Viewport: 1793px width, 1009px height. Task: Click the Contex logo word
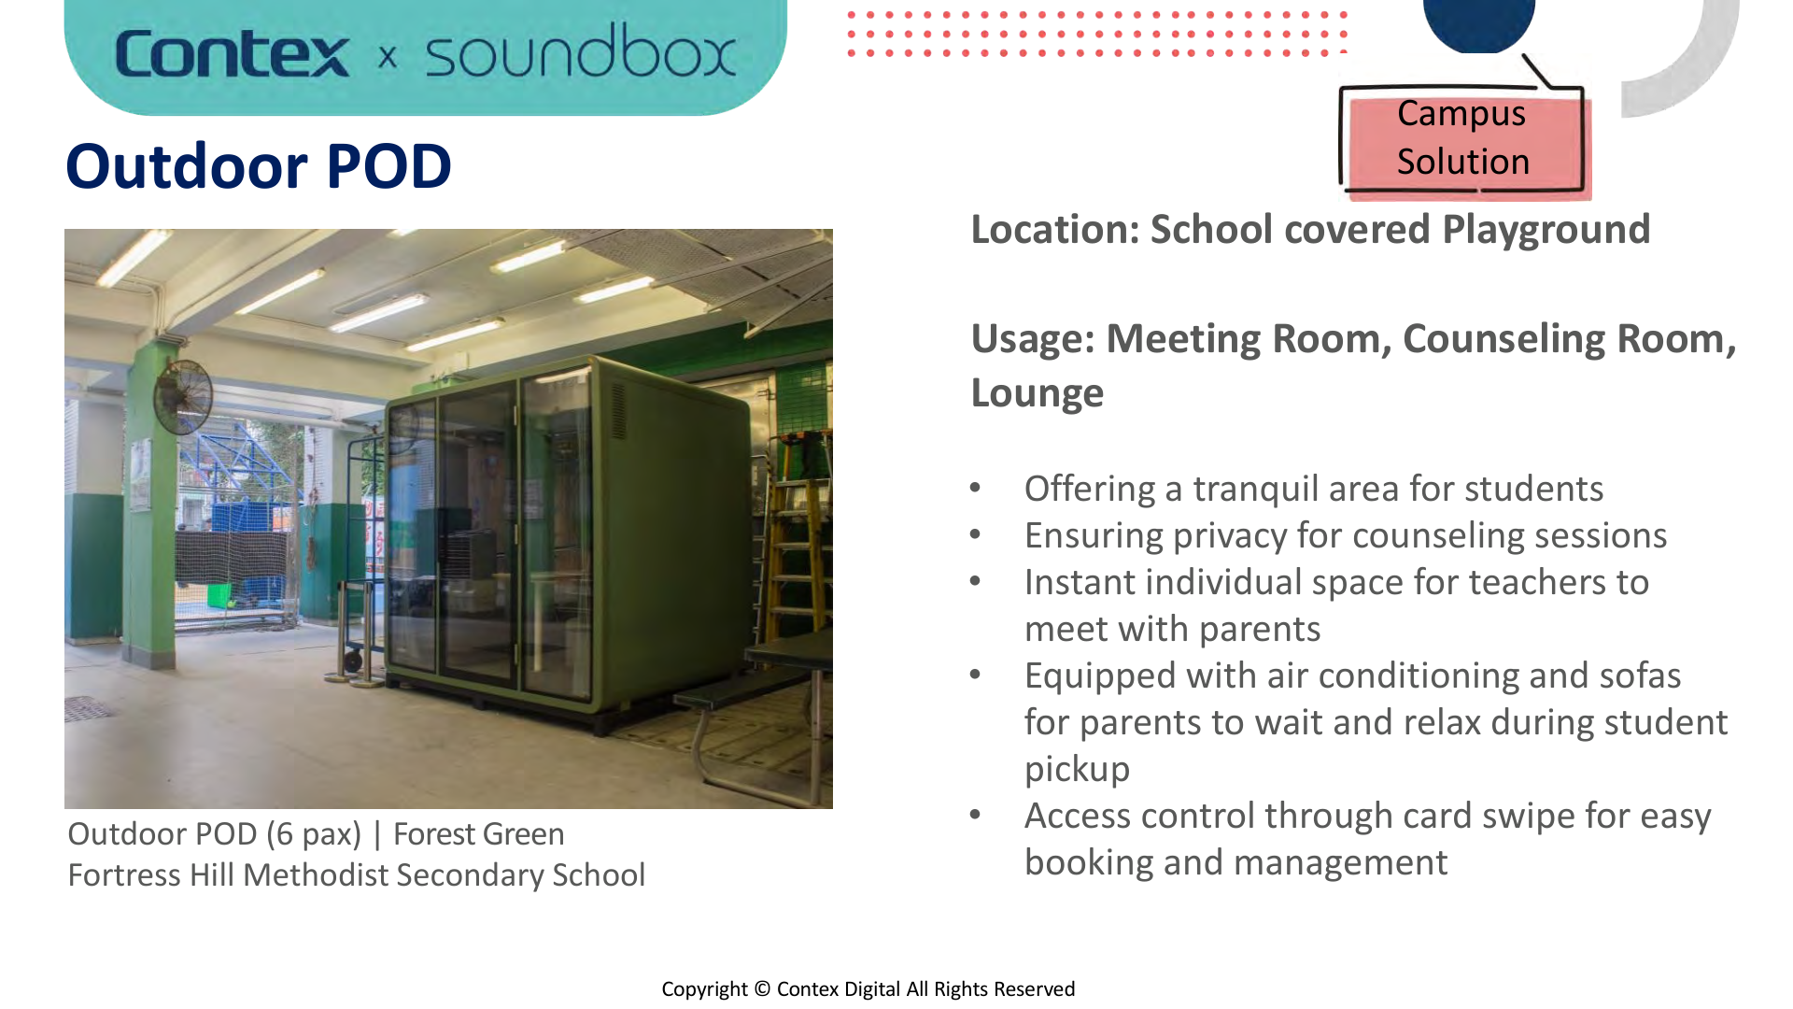coord(232,54)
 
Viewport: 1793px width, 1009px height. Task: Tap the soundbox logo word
coord(580,52)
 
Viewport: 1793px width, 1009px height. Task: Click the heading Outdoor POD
coord(259,166)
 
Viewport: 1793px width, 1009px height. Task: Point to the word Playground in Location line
coord(1546,230)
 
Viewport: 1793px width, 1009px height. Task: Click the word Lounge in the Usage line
coord(1037,393)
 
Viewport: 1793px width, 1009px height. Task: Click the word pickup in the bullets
coord(1077,769)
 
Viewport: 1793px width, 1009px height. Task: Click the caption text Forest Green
coord(478,833)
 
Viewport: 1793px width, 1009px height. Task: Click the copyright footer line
coord(868,989)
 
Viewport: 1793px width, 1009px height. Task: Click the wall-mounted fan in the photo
coord(185,396)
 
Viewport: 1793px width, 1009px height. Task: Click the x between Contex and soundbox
coord(388,58)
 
